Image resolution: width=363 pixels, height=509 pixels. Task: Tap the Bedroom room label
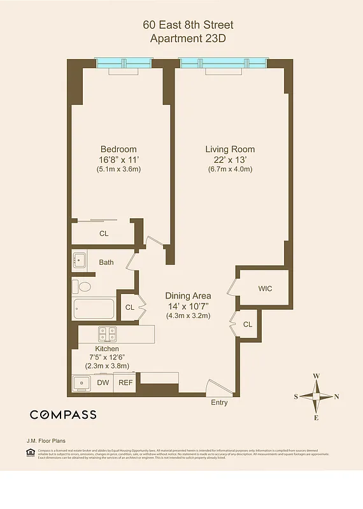[x=118, y=150]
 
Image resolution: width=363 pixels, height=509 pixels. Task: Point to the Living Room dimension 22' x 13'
[x=230, y=160]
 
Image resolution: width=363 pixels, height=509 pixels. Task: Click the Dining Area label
[x=188, y=296]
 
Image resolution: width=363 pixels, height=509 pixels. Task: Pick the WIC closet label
[x=265, y=289]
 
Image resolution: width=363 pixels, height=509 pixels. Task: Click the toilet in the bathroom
[x=82, y=286]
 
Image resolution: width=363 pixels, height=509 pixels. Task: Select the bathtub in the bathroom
[x=94, y=309]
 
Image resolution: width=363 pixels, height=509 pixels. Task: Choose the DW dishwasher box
[x=103, y=382]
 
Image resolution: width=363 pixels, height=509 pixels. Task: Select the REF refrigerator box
[x=125, y=382]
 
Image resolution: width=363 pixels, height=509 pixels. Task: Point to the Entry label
[x=219, y=402]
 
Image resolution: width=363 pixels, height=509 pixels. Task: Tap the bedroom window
[x=123, y=63]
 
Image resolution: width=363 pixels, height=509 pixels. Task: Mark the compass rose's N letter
[x=336, y=396]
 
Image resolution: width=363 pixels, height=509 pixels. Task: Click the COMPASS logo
[x=63, y=415]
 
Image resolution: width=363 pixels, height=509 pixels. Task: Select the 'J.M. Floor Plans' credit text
[x=45, y=440]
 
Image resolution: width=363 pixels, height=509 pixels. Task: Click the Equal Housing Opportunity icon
[x=29, y=452]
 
